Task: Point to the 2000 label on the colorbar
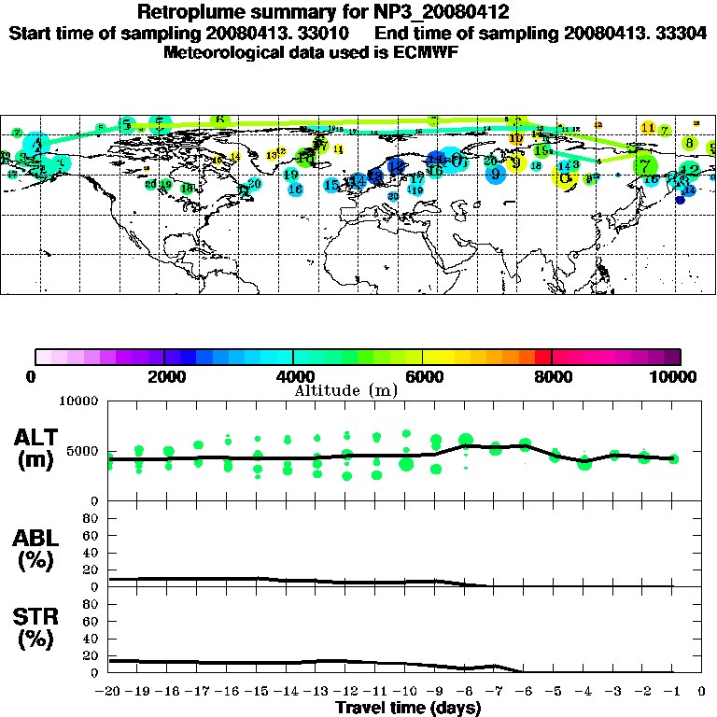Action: (163, 376)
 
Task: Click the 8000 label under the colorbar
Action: (552, 376)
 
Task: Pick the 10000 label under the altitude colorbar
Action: (675, 376)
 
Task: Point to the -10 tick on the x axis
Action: (405, 692)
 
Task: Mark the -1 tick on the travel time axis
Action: (672, 692)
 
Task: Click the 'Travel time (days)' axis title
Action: (409, 709)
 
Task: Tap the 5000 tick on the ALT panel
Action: (83, 451)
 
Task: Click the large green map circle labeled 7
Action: (644, 165)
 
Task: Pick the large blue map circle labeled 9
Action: (496, 173)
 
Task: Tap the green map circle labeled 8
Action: (689, 143)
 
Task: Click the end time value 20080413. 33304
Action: (635, 33)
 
